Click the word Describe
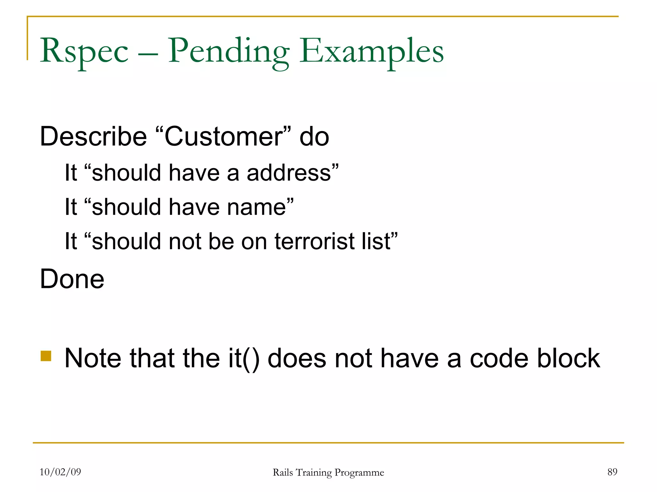pyautogui.click(x=93, y=137)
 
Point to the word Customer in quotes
pyautogui.click(x=224, y=137)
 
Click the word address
pyautogui.click(x=289, y=173)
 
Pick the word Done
pyautogui.click(x=72, y=279)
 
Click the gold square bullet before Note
pyautogui.click(x=46, y=356)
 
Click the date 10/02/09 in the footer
pyautogui.click(x=60, y=472)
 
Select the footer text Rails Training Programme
pyautogui.click(x=328, y=472)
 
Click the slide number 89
pyautogui.click(x=612, y=472)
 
